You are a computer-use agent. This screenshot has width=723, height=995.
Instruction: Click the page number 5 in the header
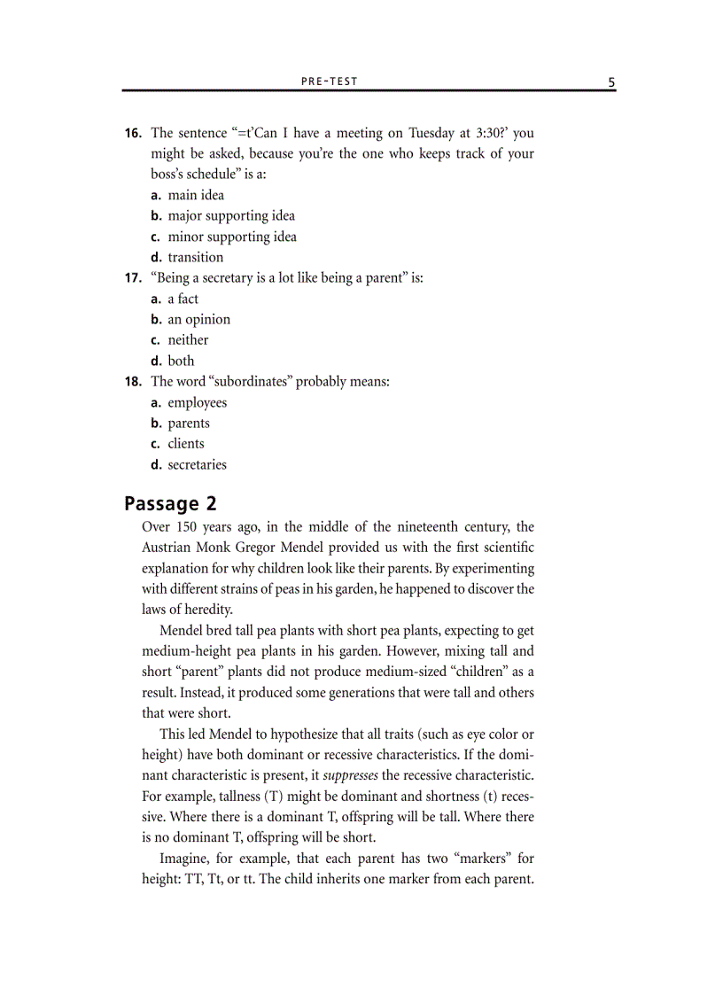[x=611, y=82]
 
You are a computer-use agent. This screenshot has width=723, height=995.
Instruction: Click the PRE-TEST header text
[x=329, y=81]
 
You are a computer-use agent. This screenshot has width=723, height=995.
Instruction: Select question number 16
[x=133, y=134]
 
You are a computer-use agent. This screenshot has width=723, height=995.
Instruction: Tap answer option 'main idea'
[x=196, y=195]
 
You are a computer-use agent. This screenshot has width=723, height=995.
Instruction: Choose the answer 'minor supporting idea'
[x=232, y=237]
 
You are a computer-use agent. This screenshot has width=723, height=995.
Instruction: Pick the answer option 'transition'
[x=196, y=257]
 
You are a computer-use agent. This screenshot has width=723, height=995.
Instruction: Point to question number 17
[x=133, y=278]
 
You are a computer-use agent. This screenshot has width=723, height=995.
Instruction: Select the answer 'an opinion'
[x=198, y=319]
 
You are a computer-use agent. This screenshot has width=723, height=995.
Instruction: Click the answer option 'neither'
[x=188, y=339]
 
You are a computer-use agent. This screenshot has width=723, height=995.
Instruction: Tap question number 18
[x=133, y=382]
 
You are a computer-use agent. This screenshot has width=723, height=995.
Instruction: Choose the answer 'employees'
[x=197, y=402]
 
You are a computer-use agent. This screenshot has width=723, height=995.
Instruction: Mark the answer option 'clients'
[x=186, y=444]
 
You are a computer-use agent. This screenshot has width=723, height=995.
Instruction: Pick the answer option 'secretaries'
[x=197, y=464]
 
